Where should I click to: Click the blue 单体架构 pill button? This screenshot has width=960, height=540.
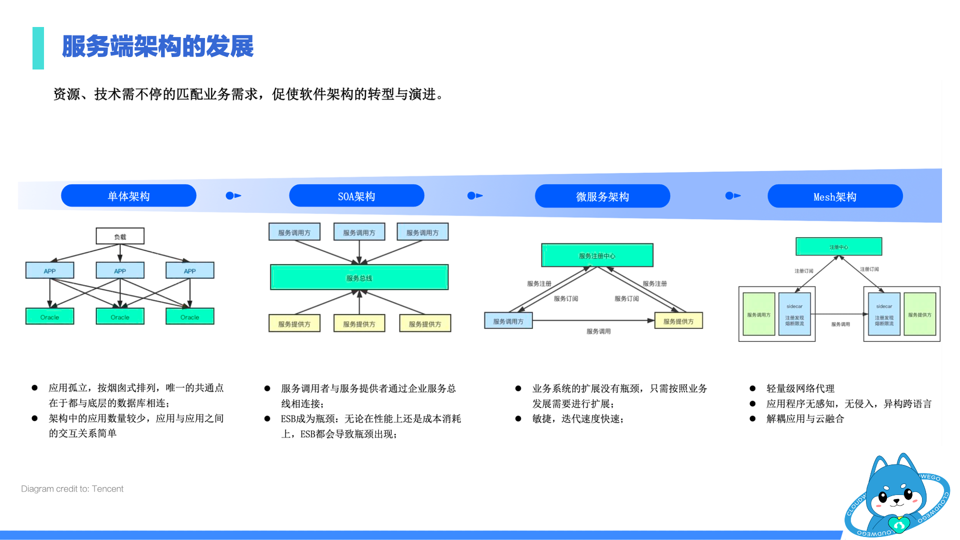[128, 196]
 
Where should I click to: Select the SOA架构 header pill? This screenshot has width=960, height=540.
[356, 196]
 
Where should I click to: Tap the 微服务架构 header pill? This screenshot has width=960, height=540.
[602, 196]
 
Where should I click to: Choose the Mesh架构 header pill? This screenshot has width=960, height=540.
[834, 196]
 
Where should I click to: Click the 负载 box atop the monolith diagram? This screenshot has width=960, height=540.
[120, 236]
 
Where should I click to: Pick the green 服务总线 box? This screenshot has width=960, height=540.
[359, 277]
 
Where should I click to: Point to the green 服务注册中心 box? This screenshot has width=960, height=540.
[597, 255]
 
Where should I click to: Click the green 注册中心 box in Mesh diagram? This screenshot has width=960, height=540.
[838, 246]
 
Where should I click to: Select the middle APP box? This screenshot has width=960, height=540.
[120, 270]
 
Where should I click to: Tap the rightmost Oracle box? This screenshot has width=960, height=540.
[189, 316]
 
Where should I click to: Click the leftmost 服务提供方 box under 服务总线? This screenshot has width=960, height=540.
[294, 323]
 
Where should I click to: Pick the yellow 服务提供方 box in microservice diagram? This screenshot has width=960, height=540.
[678, 321]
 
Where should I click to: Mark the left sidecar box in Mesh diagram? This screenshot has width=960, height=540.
[794, 314]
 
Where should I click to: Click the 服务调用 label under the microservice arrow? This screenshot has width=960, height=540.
[598, 331]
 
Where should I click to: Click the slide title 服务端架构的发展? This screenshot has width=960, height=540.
[157, 46]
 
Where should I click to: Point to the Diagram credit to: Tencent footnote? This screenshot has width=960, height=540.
[72, 488]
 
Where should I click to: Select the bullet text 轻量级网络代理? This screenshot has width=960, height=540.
[800, 388]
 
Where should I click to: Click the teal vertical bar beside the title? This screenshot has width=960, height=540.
[38, 48]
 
